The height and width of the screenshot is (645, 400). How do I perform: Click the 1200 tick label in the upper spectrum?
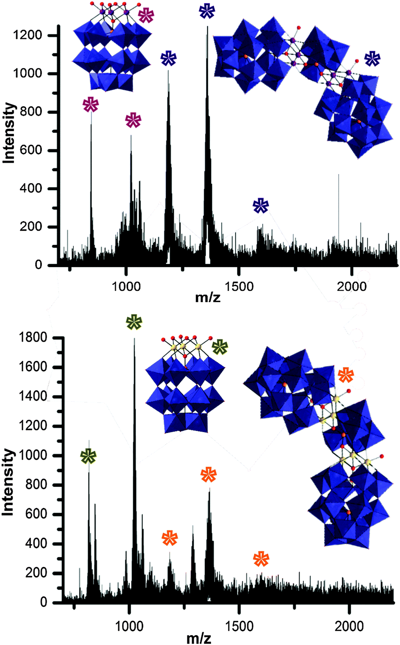(27, 35)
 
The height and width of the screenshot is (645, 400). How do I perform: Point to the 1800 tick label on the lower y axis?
(33, 338)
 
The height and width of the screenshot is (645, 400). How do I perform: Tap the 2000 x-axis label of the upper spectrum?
(352, 286)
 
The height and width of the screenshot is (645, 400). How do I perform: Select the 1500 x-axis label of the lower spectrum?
(239, 626)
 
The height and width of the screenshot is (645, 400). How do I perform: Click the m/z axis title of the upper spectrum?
(208, 297)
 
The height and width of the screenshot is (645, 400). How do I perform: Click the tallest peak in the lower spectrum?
(134, 340)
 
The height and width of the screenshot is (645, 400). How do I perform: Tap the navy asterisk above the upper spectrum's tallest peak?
(207, 11)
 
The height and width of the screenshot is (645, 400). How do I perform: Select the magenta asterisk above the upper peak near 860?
(91, 105)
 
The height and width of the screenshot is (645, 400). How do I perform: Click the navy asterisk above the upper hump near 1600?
(261, 206)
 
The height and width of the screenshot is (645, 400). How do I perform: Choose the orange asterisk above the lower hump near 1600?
(261, 559)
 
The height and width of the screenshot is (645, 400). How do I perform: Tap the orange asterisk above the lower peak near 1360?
(209, 475)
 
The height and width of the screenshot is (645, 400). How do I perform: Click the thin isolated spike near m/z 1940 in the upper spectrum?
(339, 176)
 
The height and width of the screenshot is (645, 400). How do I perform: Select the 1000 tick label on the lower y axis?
(33, 455)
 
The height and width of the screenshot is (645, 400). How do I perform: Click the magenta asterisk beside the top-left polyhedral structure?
(146, 15)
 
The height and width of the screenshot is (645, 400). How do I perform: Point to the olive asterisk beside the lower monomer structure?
(220, 347)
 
